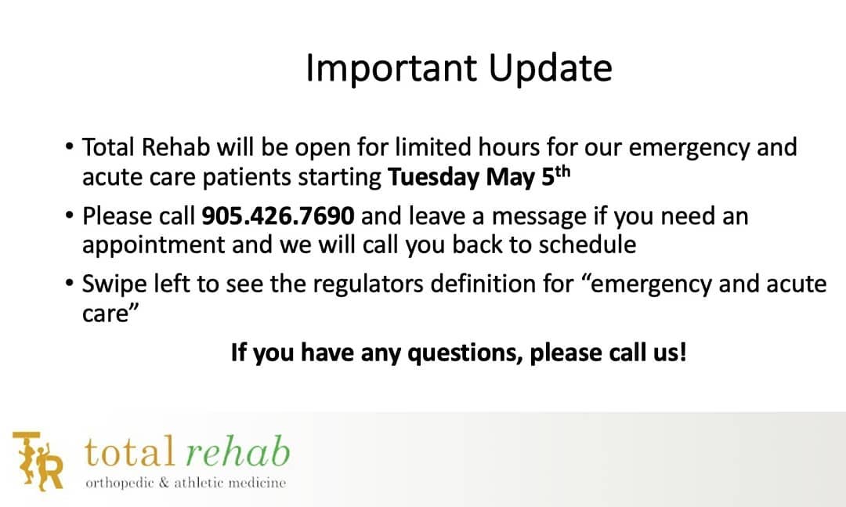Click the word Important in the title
pyautogui.click(x=391, y=68)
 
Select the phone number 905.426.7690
pyautogui.click(x=278, y=216)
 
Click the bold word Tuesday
pyautogui.click(x=433, y=178)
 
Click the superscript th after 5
pyautogui.click(x=562, y=172)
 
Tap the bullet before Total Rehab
pyautogui.click(x=68, y=147)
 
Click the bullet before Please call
pyautogui.click(x=68, y=215)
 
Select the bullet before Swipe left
pyautogui.click(x=68, y=284)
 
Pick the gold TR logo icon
pyautogui.click(x=38, y=461)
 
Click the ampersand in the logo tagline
pyautogui.click(x=164, y=483)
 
